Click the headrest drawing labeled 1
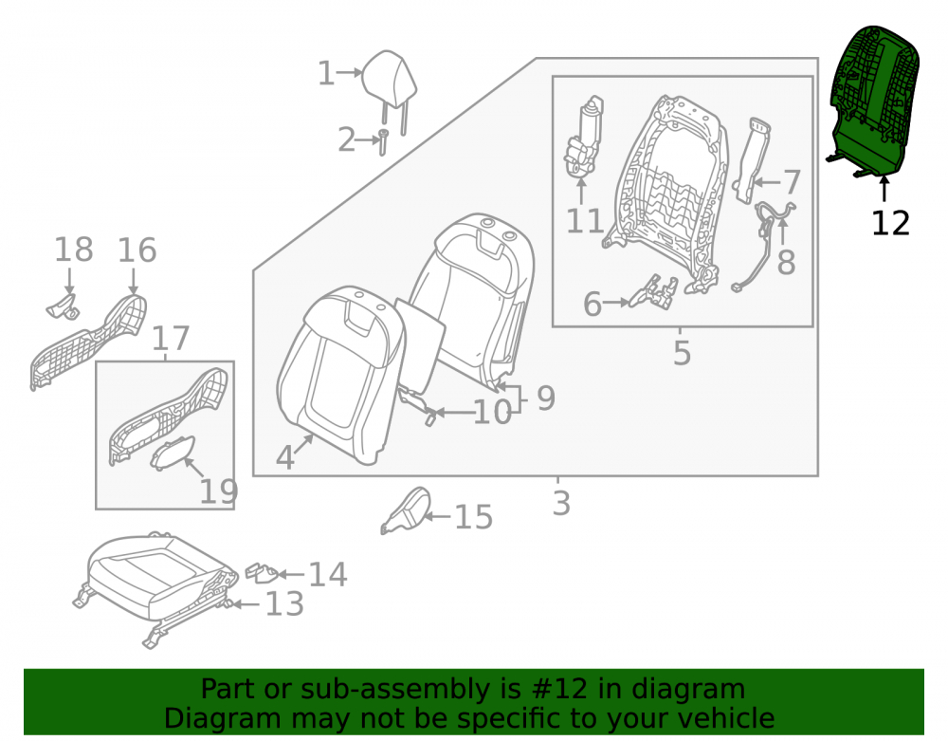point(390,82)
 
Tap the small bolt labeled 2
point(383,142)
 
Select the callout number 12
point(890,223)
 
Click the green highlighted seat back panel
point(874,102)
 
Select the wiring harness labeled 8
point(762,248)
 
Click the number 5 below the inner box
point(682,353)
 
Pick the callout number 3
point(561,503)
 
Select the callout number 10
point(492,413)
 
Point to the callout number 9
point(545,398)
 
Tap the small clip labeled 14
point(262,573)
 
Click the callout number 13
point(284,603)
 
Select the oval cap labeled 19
point(173,454)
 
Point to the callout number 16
point(137,250)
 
